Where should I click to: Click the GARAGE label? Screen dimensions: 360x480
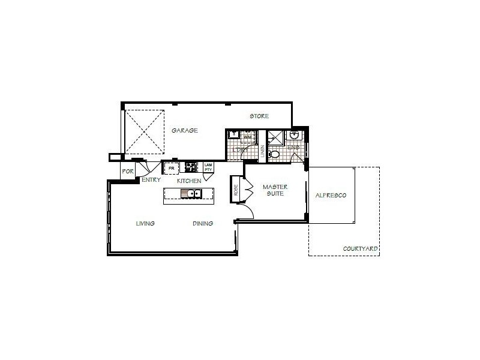click(x=184, y=130)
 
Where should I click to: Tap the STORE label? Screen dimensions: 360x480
click(x=259, y=116)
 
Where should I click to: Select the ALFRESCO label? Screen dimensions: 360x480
click(x=331, y=196)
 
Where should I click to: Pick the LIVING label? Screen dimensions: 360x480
click(x=145, y=223)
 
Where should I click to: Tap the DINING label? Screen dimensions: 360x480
click(x=203, y=223)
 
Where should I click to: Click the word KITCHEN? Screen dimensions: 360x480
click(x=189, y=181)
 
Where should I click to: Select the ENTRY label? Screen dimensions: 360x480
click(x=151, y=179)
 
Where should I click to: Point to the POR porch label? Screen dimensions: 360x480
click(x=128, y=171)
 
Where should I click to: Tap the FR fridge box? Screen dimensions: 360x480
click(x=171, y=167)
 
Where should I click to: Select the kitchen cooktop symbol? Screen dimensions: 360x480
click(x=191, y=167)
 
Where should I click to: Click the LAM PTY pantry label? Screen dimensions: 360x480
click(x=208, y=167)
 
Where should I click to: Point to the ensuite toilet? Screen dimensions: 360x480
click(x=275, y=154)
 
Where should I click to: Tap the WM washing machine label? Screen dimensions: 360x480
click(x=247, y=137)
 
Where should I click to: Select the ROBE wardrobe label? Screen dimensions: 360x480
click(x=236, y=190)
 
